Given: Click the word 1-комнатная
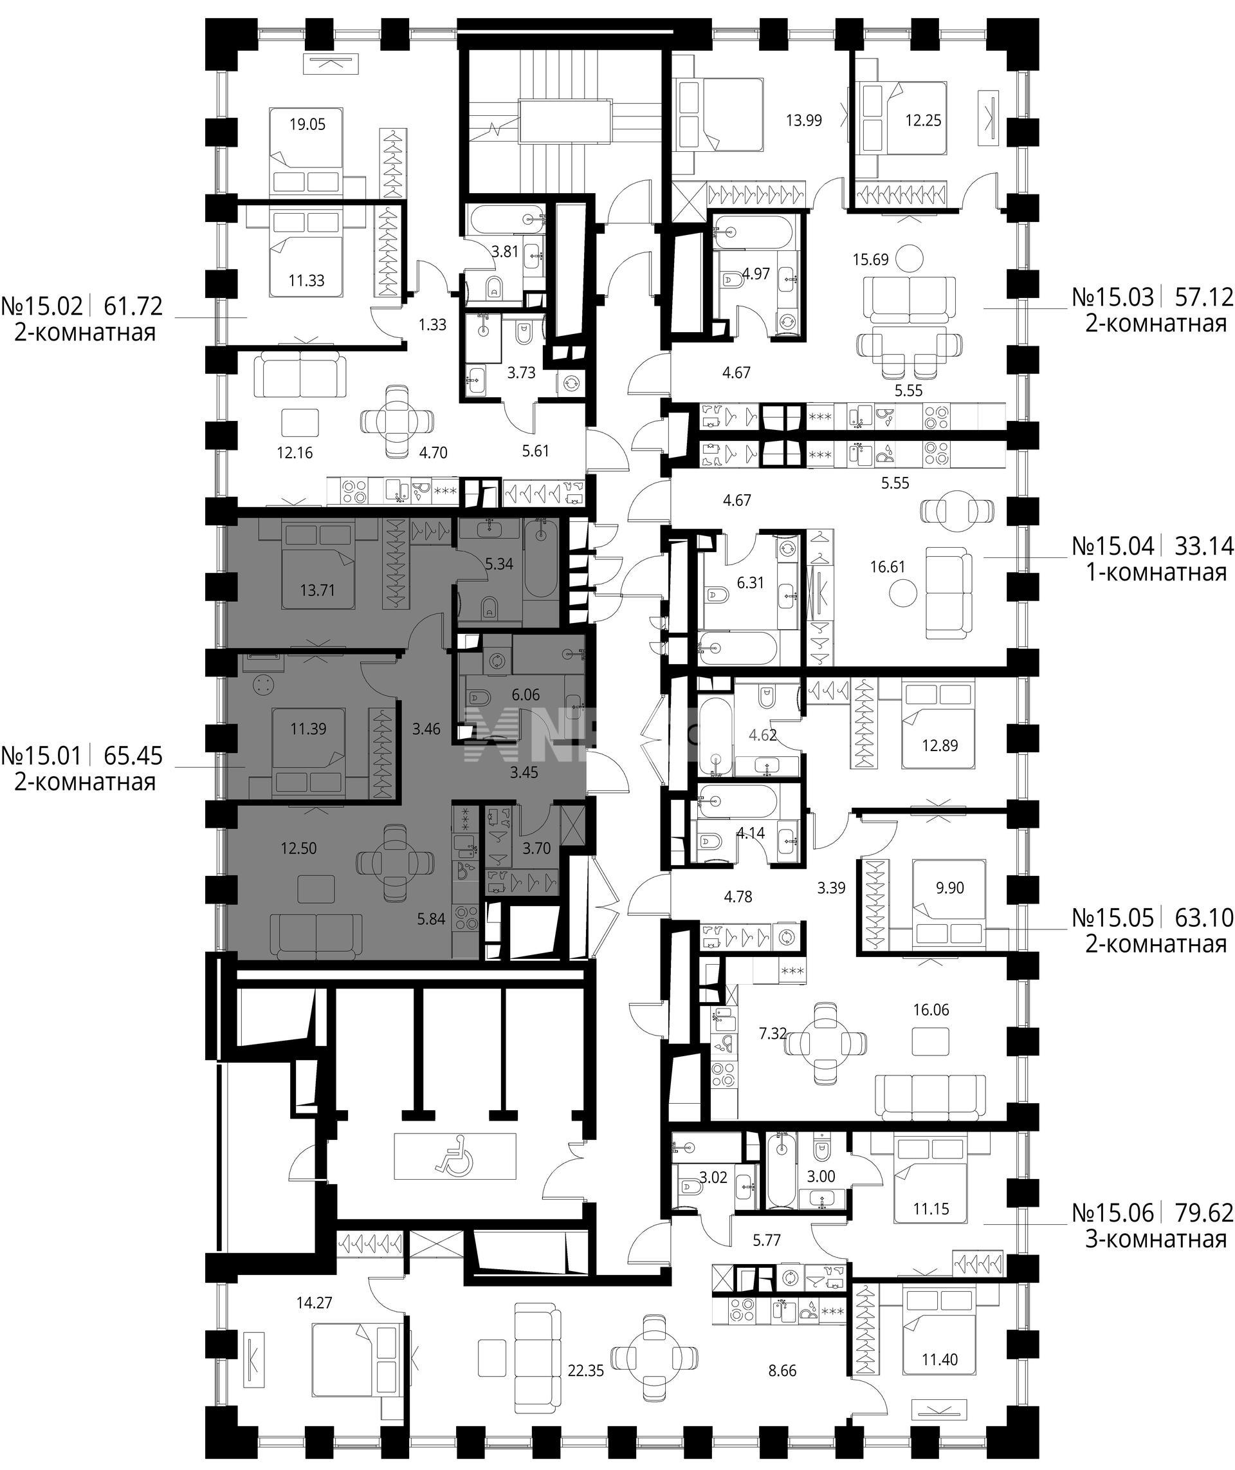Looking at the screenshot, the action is coord(1156,573).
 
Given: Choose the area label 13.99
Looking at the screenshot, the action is coord(804,120).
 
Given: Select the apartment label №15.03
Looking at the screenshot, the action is coord(1113,297).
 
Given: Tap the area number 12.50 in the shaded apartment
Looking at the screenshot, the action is coord(299,849).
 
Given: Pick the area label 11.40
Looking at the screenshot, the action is coord(940,1360).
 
